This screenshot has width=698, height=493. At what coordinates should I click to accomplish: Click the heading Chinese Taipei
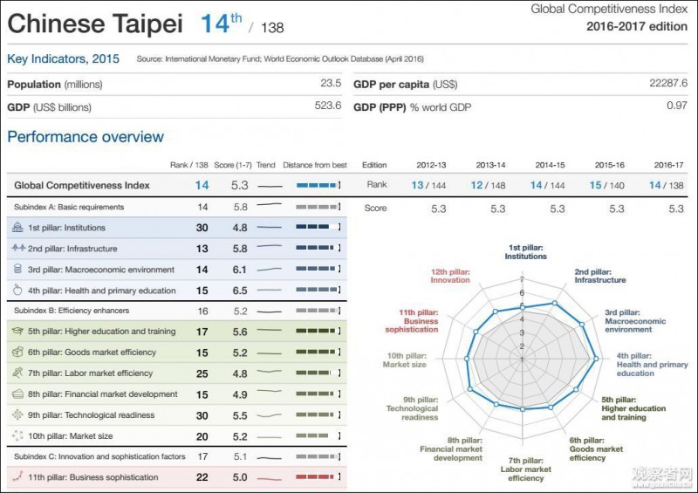pyautogui.click(x=95, y=24)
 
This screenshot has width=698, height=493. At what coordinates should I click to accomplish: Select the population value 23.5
pyautogui.click(x=330, y=84)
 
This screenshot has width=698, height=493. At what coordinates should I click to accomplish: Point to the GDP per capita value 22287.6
pyautogui.click(x=668, y=84)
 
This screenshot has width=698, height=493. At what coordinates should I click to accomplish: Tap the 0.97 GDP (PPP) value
pyautogui.click(x=676, y=106)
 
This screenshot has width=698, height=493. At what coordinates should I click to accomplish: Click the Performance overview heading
pyautogui.click(x=86, y=137)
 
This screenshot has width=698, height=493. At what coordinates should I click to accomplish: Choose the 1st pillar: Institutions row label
pyautogui.click(x=66, y=228)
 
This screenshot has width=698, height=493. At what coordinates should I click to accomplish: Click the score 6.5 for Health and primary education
pyautogui.click(x=241, y=291)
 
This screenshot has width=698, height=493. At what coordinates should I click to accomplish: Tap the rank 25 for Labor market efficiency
pyautogui.click(x=202, y=373)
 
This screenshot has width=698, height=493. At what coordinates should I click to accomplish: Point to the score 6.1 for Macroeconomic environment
pyautogui.click(x=241, y=270)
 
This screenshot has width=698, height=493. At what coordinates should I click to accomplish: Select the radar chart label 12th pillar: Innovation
pyautogui.click(x=449, y=275)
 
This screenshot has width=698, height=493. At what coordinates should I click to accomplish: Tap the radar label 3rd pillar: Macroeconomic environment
pyautogui.click(x=634, y=320)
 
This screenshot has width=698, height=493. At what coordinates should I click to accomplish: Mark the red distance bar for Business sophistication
pyautogui.click(x=316, y=477)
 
